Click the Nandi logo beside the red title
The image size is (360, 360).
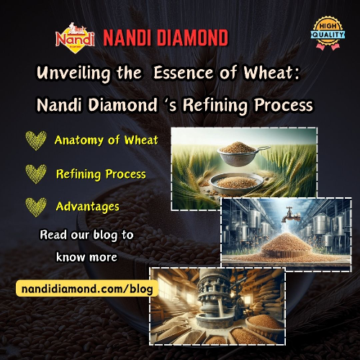pyautogui.click(x=75, y=38)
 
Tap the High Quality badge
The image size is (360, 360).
pyautogui.click(x=328, y=33)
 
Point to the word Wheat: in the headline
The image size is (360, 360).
pyautogui.click(x=272, y=72)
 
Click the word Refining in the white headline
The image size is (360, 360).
pyautogui.click(x=215, y=105)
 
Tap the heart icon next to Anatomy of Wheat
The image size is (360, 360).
pyautogui.click(x=36, y=140)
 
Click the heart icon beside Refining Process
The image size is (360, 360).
pyautogui.click(x=36, y=174)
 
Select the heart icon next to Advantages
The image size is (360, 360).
pyautogui.click(x=36, y=207)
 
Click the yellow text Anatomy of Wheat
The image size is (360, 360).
pyautogui.click(x=107, y=140)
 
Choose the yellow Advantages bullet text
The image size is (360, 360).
pyautogui.click(x=88, y=207)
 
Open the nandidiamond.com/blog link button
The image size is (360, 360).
pyautogui.click(x=87, y=289)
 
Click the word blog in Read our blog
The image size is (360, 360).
pyautogui.click(x=105, y=235)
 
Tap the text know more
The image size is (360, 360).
pyautogui.click(x=86, y=257)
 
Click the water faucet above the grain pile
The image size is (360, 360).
pyautogui.click(x=291, y=215)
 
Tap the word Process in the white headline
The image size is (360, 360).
pyautogui.click(x=284, y=105)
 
